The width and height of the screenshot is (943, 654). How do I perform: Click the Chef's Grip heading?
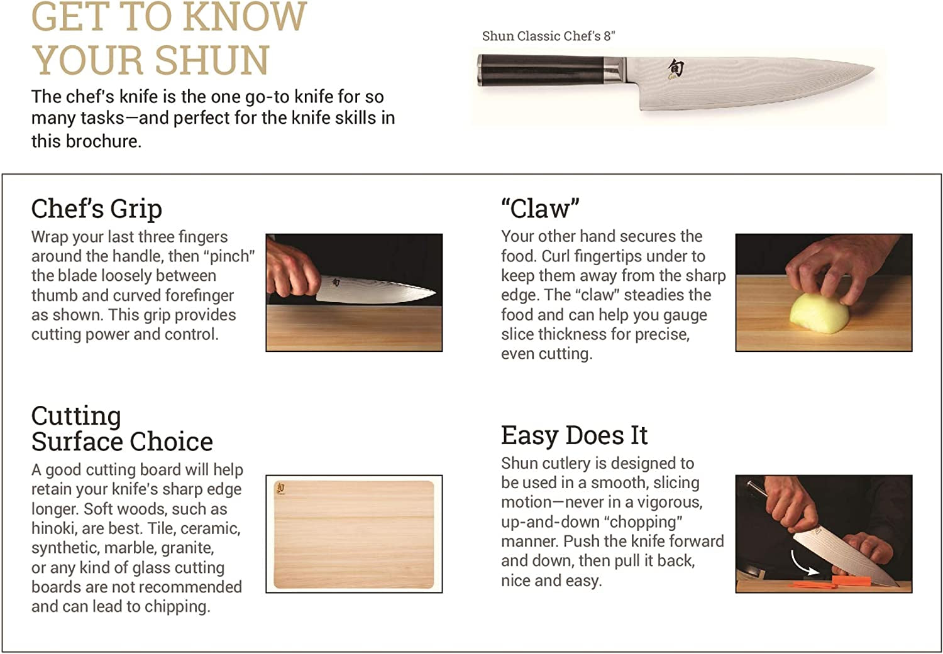click(97, 209)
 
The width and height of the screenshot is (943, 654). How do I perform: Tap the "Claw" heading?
click(540, 209)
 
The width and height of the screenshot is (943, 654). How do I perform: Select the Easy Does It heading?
click(574, 435)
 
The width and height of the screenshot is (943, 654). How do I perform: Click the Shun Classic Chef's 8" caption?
click(548, 36)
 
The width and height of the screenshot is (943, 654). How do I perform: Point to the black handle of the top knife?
click(541, 70)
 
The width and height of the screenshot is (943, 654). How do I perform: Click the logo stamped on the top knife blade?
click(675, 68)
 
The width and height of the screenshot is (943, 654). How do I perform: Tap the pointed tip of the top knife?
click(871, 68)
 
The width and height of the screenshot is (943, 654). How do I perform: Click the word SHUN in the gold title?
click(212, 60)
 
